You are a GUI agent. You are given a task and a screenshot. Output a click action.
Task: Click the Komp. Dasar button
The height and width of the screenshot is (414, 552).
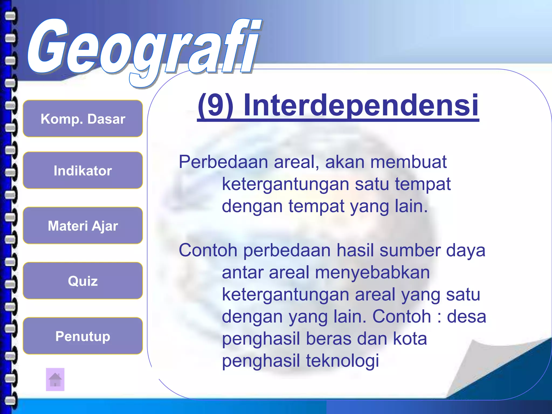tap(83, 119)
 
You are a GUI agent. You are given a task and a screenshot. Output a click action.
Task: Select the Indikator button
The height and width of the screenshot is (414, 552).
tap(83, 170)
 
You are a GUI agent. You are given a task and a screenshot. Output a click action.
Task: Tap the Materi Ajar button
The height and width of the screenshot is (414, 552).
tap(83, 226)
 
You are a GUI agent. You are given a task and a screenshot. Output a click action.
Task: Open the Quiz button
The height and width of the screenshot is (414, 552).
tap(83, 281)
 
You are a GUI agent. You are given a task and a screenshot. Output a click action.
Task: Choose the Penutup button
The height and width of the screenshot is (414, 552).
tap(83, 336)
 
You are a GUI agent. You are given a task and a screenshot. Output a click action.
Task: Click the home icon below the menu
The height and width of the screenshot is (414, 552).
tap(55, 379)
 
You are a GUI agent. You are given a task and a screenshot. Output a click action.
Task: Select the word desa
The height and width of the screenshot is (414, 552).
tap(466, 316)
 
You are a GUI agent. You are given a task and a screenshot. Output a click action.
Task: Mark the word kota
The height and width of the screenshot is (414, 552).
tap(410, 339)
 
